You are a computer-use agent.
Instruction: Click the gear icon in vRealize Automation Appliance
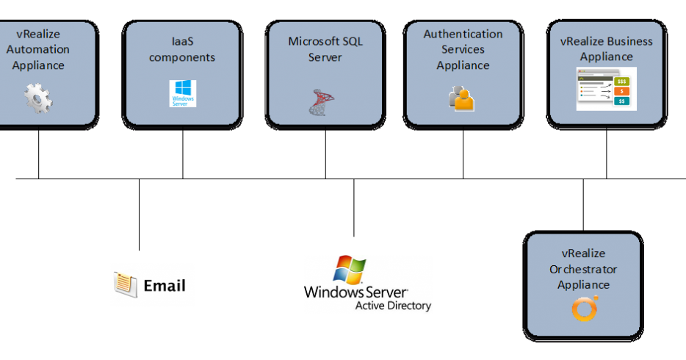click(x=38, y=98)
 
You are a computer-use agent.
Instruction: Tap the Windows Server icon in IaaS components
click(x=183, y=94)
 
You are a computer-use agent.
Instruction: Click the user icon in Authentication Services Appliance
click(x=462, y=98)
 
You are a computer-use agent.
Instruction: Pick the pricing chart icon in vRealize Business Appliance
click(x=606, y=89)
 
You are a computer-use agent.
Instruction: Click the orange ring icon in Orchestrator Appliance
click(x=584, y=309)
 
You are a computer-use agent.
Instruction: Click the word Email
click(x=165, y=285)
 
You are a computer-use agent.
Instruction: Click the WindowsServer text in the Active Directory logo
click(x=355, y=292)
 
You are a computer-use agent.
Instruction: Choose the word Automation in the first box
click(x=38, y=49)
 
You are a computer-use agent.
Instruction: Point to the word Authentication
click(x=463, y=34)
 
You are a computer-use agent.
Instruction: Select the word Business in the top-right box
click(x=629, y=41)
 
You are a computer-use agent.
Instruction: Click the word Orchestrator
click(x=583, y=269)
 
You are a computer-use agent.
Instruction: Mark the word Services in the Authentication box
click(x=463, y=49)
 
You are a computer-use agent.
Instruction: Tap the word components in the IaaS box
click(x=182, y=57)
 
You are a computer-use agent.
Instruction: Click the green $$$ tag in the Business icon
click(x=622, y=82)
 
